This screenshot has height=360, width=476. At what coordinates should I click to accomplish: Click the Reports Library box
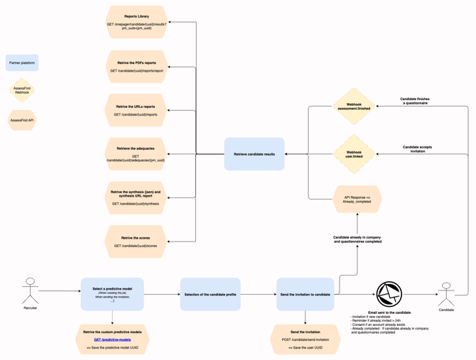click(x=136, y=22)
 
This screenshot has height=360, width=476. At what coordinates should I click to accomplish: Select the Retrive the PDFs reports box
click(x=136, y=67)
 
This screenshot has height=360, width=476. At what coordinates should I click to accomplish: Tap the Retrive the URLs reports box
click(x=136, y=110)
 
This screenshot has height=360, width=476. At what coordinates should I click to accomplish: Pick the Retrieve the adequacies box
click(x=136, y=154)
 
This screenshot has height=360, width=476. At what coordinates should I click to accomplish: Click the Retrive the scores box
click(x=136, y=241)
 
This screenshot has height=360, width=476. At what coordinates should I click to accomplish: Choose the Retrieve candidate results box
click(x=254, y=154)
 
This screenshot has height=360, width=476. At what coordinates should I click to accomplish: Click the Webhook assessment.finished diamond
click(x=354, y=107)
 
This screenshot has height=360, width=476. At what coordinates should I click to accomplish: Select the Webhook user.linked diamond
click(x=354, y=154)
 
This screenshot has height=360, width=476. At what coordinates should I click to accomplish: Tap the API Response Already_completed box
click(x=357, y=199)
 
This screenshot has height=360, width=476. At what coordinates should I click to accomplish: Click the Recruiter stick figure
click(x=30, y=290)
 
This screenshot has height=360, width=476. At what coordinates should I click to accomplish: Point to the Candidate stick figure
click(x=446, y=295)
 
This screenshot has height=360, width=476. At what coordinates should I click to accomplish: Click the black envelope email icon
click(x=389, y=294)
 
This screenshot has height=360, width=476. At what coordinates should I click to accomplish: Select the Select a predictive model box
click(x=112, y=294)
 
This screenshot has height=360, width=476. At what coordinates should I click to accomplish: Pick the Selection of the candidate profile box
click(x=210, y=294)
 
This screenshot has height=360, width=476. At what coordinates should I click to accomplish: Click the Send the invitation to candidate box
click(x=305, y=294)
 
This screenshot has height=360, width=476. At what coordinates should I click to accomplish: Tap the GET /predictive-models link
click(x=112, y=339)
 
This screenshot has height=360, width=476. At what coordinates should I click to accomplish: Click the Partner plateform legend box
click(x=22, y=62)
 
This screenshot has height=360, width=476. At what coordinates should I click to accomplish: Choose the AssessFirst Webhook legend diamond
click(x=22, y=90)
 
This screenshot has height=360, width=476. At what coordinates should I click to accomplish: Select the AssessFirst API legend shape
click(x=22, y=120)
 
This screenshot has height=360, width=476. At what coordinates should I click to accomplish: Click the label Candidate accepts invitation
click(x=417, y=149)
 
